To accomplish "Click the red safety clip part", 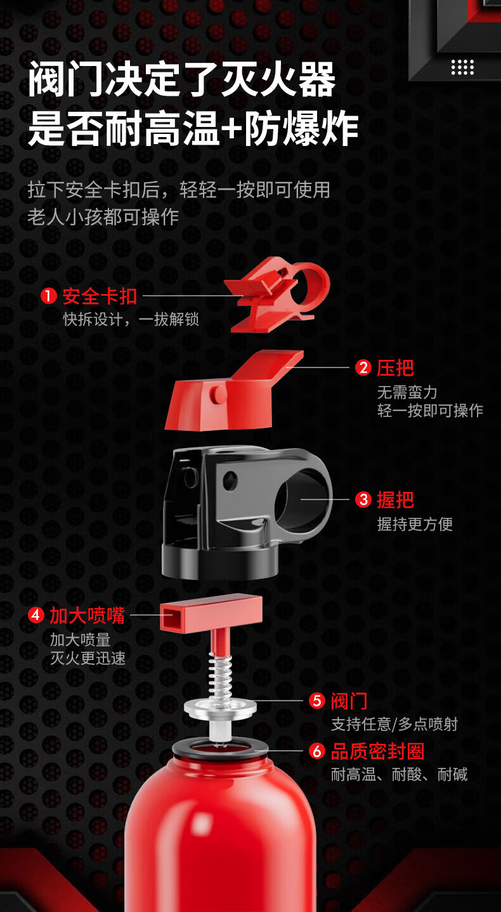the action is click(279, 295).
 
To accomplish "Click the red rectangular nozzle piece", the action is click(211, 611).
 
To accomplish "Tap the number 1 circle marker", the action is click(49, 296).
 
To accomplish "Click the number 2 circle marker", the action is click(363, 367).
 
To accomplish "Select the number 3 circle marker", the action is click(363, 499).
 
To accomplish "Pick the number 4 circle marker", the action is click(36, 615).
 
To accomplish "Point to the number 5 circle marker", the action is click(317, 701).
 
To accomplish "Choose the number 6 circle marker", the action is click(317, 751).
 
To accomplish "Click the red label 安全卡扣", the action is click(100, 296).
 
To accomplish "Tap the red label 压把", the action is click(395, 367).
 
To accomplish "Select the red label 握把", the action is click(395, 499).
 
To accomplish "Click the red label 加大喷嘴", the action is click(88, 615).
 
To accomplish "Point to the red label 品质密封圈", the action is click(377, 751).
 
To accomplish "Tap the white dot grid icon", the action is click(462, 67).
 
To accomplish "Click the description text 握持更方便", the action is click(415, 524).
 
